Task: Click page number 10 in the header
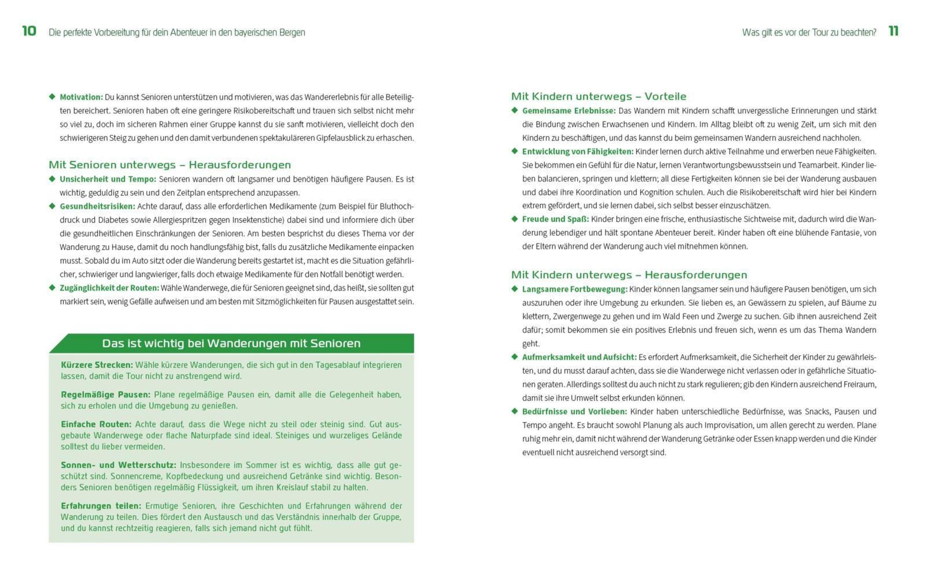(x=29, y=31)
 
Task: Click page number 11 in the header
(x=893, y=31)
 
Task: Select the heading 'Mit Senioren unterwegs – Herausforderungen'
(x=170, y=165)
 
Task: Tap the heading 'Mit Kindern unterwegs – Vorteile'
(x=599, y=96)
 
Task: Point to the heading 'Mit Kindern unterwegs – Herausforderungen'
(x=629, y=275)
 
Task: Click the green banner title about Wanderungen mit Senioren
(x=231, y=343)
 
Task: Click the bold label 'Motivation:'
(x=81, y=97)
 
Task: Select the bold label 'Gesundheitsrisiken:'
(x=98, y=207)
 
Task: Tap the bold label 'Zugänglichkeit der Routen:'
(x=109, y=288)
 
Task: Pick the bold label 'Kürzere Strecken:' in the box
(x=97, y=365)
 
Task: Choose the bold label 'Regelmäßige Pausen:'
(x=106, y=395)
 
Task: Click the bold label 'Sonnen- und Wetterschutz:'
(x=118, y=465)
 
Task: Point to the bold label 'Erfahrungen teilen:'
(x=101, y=506)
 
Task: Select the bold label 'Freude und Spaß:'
(x=555, y=219)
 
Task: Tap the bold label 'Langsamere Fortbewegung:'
(x=575, y=289)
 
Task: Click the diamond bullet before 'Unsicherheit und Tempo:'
(x=52, y=179)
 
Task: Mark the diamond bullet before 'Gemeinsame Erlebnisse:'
(x=515, y=110)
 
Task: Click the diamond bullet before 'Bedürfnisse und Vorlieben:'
(x=515, y=411)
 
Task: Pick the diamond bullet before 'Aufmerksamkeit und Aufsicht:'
(x=515, y=357)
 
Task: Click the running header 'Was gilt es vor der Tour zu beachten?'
(x=809, y=32)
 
